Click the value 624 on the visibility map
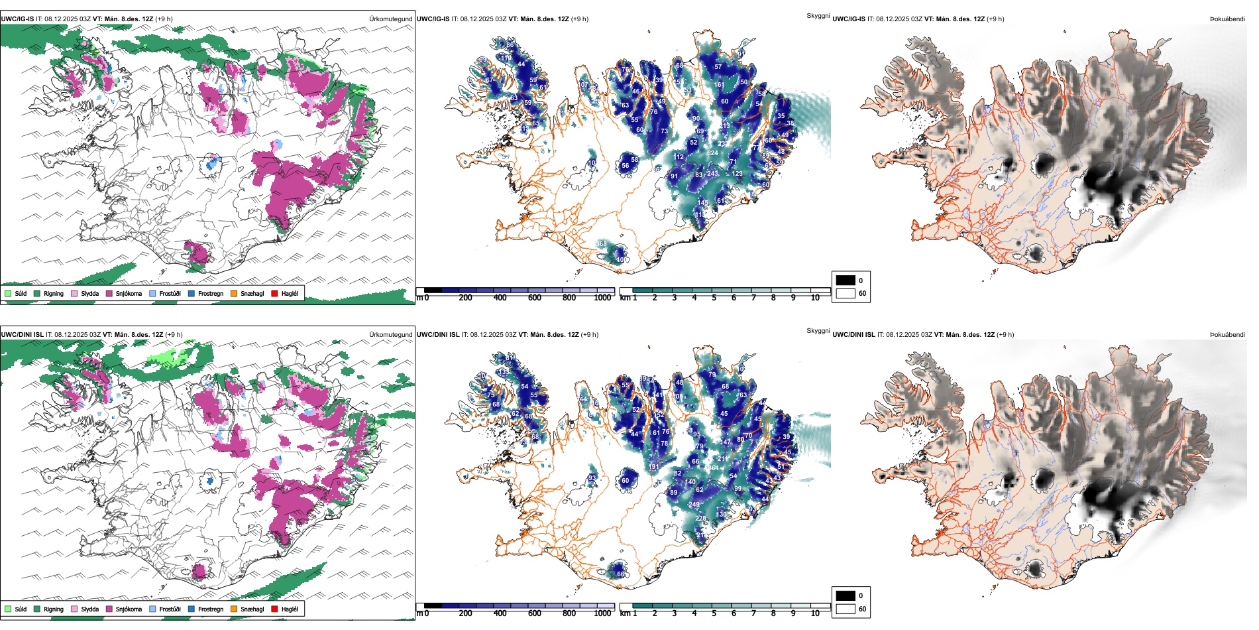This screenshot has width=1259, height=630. point(712,153)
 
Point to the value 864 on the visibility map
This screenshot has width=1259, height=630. point(713,468)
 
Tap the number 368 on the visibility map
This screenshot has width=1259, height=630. point(601,244)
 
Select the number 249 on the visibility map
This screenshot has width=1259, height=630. point(694,505)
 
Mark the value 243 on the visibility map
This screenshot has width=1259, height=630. point(712,174)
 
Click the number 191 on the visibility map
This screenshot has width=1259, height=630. point(654,467)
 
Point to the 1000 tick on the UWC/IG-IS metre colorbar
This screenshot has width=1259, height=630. point(602,298)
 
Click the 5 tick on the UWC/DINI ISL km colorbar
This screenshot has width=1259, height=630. point(714,613)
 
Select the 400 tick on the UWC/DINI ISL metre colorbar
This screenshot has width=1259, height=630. point(500,613)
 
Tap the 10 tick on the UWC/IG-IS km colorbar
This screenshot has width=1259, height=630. point(815,298)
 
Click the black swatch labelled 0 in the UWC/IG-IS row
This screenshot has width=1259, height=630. point(846,281)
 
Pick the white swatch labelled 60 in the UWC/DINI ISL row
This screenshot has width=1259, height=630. point(846,609)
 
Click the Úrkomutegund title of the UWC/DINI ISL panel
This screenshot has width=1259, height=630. point(390,334)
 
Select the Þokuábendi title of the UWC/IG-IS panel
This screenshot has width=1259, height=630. point(1227,19)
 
